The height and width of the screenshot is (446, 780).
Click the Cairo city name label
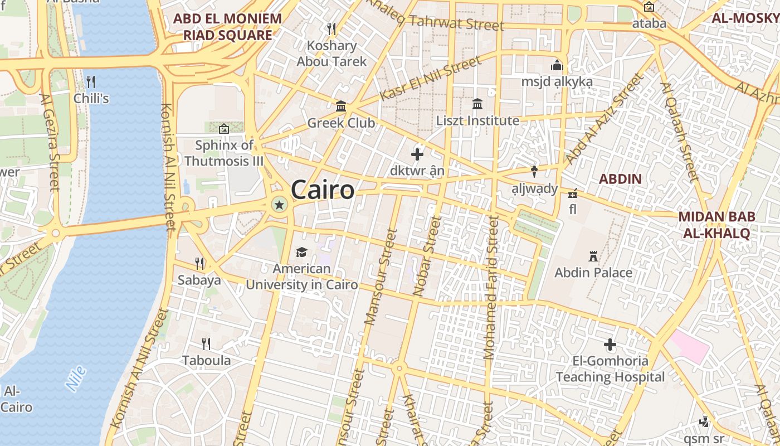pos(323,190)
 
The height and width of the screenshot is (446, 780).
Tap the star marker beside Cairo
pos(279,205)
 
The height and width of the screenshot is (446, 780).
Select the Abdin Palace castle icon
pos(593,256)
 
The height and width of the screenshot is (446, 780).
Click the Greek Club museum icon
pos(341,106)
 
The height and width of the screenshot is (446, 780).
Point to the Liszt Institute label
pos(477,120)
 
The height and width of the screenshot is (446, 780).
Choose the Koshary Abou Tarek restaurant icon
pos(331,28)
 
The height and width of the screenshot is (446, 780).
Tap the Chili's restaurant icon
pos(91,82)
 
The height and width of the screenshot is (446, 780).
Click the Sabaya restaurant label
pos(199,280)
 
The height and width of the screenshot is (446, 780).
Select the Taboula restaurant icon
pos(206,343)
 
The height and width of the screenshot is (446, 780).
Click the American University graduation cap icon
pos(301,252)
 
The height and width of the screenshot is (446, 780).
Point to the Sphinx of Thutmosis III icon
pos(224,129)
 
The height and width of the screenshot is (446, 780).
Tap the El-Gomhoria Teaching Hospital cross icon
pos(610,345)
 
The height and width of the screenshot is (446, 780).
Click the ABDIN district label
pos(620,179)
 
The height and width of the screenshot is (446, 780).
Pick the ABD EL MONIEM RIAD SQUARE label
pos(227,27)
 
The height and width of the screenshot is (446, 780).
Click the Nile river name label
pos(76,378)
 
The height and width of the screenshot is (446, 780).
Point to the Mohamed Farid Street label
pos(491,287)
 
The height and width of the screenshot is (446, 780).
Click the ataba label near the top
pos(649,23)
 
